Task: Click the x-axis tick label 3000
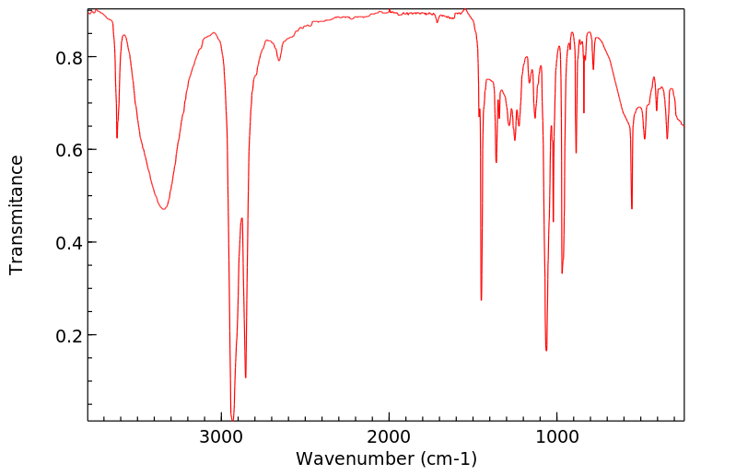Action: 221,435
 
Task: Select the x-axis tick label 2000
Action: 389,435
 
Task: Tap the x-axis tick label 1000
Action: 556,435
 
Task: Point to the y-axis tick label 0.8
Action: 70,57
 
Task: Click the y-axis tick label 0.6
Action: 70,150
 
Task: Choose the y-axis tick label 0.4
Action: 70,242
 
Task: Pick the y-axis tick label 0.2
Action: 70,335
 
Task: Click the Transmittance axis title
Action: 17,214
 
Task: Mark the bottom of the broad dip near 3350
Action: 163,209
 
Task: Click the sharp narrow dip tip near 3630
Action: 117,138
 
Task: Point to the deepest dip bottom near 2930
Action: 233,419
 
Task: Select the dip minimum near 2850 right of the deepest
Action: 246,377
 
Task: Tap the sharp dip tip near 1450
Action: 481,300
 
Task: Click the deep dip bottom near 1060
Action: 546,351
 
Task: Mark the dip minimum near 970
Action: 562,273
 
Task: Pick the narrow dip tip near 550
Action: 632,209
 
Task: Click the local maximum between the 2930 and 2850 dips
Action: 241,218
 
